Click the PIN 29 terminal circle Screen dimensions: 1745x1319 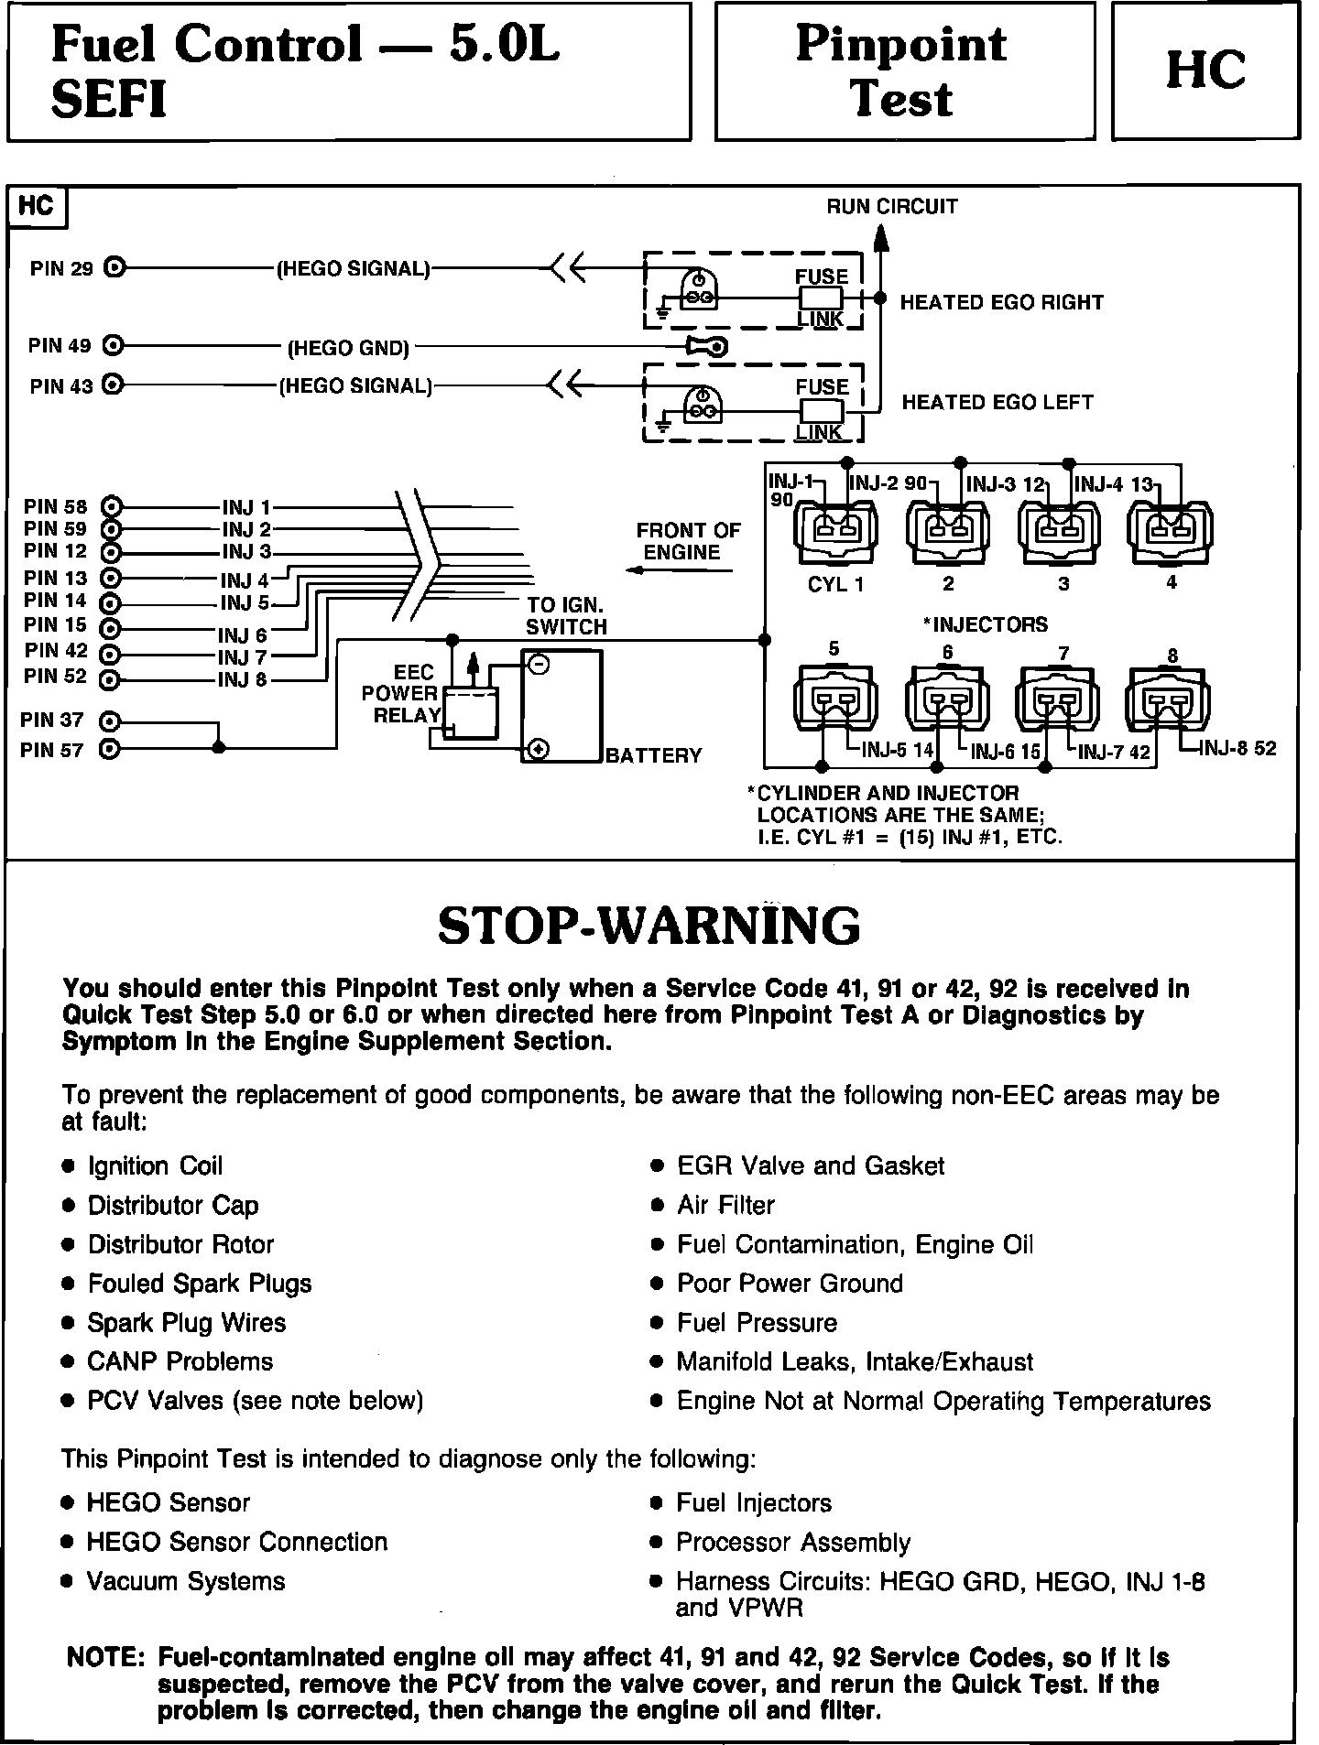pos(114,268)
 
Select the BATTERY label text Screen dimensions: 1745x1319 pos(653,755)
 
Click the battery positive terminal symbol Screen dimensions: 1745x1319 pos(539,750)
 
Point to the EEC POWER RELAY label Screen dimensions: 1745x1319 pos(403,694)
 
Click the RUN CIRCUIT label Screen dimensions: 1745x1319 pos(891,206)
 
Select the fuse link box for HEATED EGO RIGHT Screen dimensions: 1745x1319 pos(821,298)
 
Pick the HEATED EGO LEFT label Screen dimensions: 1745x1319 pos(997,402)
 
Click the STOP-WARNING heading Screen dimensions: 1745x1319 pos(649,926)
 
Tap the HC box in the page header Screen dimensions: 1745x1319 pos(1205,71)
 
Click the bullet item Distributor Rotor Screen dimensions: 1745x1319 pos(180,1244)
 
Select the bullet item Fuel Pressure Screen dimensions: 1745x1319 pos(757,1323)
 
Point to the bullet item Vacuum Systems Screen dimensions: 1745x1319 pos(185,1581)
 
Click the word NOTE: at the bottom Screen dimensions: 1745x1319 pos(105,1658)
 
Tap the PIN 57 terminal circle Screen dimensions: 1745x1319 pos(110,750)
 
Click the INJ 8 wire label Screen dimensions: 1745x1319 pos(242,680)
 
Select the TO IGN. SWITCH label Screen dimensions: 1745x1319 pos(566,616)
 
